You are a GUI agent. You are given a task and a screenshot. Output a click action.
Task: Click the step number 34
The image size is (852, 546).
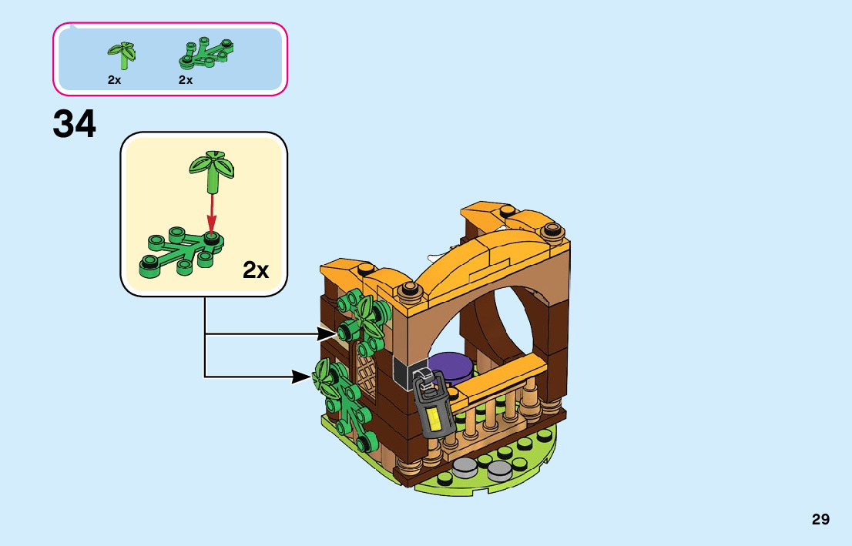point(75,125)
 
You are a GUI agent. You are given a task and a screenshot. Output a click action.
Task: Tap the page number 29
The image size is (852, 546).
point(820,519)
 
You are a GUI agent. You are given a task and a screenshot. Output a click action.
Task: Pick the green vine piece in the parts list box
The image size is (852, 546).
point(206,52)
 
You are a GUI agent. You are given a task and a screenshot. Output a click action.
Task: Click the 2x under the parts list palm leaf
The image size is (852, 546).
point(114,80)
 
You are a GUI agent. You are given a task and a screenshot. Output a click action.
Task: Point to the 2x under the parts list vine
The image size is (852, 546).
point(185,80)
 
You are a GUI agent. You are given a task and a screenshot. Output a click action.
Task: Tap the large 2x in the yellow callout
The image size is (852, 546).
point(256,270)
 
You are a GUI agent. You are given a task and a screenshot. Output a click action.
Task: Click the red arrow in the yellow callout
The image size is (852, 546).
point(212,211)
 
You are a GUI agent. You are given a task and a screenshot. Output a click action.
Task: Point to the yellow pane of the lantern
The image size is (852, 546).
point(434,420)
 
